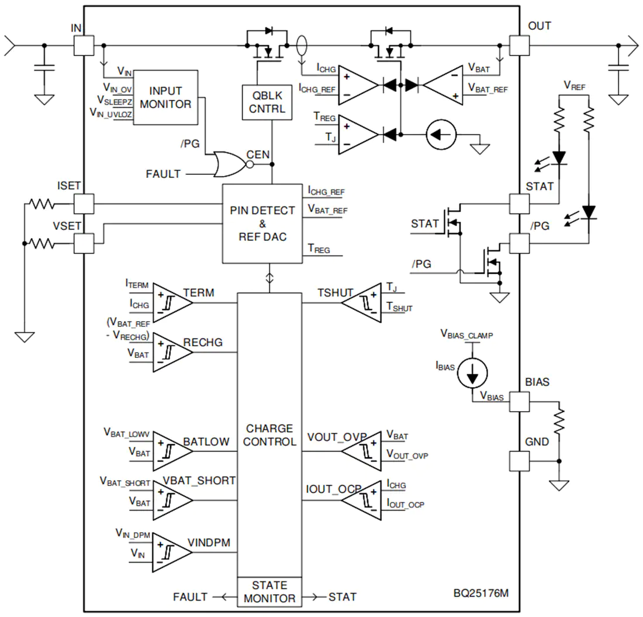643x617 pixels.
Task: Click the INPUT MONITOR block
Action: [165, 98]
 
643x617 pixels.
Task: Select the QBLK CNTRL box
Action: [267, 102]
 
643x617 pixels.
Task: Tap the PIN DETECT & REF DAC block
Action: [262, 223]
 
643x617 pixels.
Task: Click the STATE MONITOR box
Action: [269, 592]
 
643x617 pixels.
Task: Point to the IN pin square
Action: [84, 46]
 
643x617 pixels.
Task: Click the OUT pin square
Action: [519, 46]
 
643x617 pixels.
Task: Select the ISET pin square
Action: [84, 204]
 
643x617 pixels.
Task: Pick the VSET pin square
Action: [84, 243]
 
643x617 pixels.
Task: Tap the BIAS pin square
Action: [519, 402]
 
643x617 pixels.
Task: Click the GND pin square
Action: [519, 461]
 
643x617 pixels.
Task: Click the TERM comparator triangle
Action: [172, 303]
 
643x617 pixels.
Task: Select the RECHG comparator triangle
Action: [172, 353]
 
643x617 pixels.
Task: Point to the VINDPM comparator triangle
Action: [172, 552]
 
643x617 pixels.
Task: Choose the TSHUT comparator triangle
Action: [362, 303]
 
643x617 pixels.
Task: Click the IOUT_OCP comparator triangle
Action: [362, 501]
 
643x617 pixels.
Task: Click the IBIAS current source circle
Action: [472, 373]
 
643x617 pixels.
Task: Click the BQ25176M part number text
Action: [481, 593]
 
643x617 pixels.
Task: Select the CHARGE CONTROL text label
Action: [269, 435]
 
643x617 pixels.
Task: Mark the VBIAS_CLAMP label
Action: [466, 335]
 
